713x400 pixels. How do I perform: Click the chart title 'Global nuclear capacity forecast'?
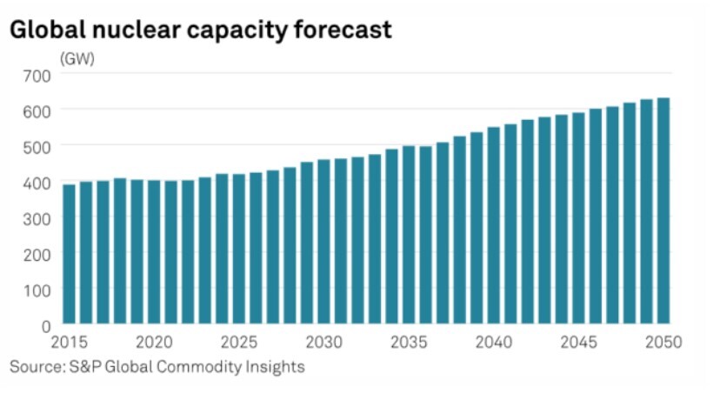[201, 30]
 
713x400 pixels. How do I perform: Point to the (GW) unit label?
[77, 59]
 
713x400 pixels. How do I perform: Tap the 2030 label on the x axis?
[323, 342]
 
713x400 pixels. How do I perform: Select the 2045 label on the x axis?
[578, 342]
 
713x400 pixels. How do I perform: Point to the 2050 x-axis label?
[664, 342]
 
